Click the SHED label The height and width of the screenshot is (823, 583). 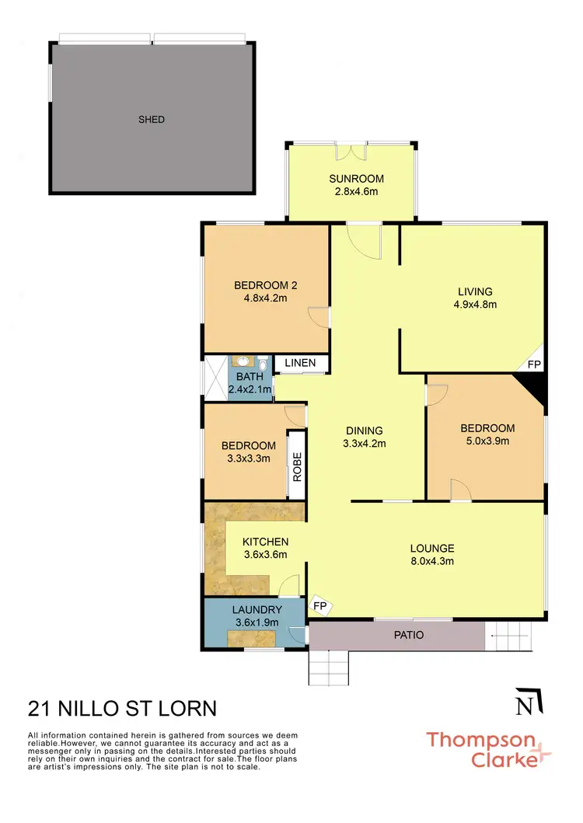pos(152,119)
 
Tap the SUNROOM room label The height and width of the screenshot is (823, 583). pos(356,179)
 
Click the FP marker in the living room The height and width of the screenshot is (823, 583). pos(534,364)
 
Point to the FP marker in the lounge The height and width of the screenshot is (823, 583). pos(319,605)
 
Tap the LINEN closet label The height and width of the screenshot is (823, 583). pos(300,363)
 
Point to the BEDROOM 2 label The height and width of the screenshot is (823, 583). pos(266,284)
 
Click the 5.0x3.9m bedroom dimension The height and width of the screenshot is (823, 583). pos(487,441)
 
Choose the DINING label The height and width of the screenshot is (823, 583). pos(365,431)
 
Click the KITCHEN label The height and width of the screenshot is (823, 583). pos(266,542)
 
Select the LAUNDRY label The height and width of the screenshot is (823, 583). pos(257,610)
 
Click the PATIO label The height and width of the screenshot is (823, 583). pos(409,635)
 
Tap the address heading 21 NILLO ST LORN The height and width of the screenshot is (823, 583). pos(122,708)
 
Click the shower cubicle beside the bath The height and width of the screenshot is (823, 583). pos(215,378)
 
